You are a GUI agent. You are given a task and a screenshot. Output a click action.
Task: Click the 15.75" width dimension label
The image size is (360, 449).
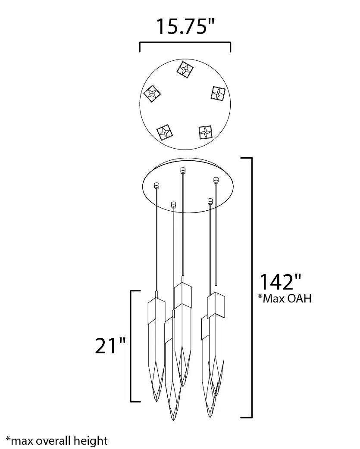pos(185,27)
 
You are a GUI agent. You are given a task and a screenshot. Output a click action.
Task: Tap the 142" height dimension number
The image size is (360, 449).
pos(280,282)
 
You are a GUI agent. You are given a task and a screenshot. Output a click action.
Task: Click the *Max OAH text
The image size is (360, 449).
pos(285,298)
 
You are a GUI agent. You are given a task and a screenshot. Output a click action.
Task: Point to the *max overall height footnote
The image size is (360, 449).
pos(57,440)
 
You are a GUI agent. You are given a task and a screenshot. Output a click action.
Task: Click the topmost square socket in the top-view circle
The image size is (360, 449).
pos(185,69)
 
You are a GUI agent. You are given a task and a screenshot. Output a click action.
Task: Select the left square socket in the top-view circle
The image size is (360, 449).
pos(152,94)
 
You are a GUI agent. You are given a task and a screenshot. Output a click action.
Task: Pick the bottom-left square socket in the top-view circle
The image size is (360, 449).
pos(165,132)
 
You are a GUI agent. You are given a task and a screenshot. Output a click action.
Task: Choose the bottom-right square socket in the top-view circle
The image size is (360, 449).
pos(205,132)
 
